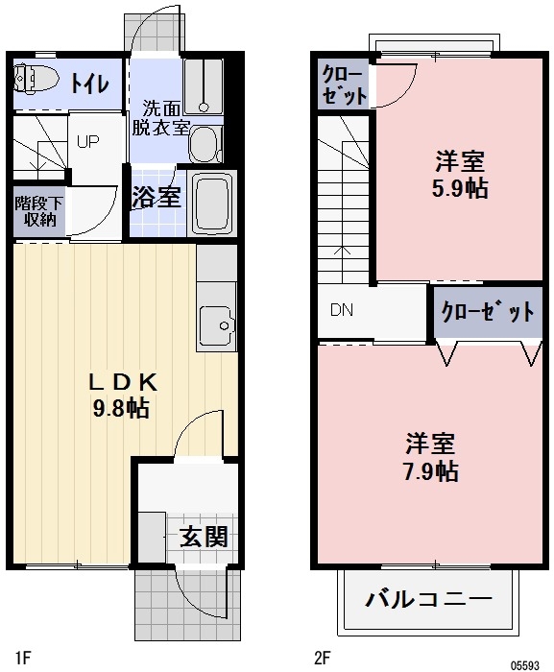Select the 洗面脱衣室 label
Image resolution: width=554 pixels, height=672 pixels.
tap(160, 117)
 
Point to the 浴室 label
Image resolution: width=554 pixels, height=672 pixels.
tap(155, 198)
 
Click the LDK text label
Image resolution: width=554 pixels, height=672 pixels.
tap(121, 381)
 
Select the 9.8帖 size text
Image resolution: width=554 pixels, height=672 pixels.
tap(121, 408)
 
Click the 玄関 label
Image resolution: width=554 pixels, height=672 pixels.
tap(204, 536)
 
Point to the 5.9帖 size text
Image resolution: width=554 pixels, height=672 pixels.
tap(459, 188)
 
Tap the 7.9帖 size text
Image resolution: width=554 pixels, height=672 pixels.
tap(430, 470)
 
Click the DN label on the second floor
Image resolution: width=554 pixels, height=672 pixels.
tap(342, 310)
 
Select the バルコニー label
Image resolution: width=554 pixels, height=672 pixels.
tap(428, 601)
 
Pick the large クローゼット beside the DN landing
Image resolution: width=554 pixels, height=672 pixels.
tap(488, 312)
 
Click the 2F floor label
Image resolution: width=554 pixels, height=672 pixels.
tap(322, 658)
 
